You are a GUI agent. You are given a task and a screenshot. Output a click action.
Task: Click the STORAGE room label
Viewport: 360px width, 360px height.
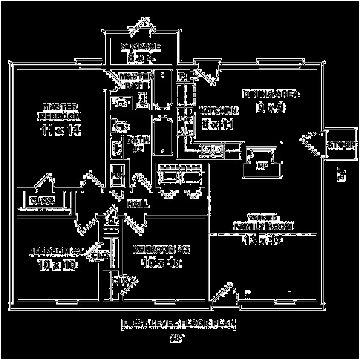[140, 47]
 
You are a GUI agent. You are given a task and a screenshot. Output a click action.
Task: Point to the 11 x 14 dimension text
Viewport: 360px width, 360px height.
[60, 129]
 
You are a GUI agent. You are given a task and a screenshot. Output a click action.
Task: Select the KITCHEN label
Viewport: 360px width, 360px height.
[218, 110]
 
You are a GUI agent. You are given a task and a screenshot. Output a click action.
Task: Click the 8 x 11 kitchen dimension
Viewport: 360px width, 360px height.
[217, 125]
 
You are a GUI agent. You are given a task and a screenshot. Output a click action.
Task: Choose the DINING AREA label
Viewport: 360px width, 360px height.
[270, 94]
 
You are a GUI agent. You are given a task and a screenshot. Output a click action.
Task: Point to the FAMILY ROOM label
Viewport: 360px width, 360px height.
[263, 226]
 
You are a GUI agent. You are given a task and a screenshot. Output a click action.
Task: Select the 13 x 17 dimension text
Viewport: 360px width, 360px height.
[262, 241]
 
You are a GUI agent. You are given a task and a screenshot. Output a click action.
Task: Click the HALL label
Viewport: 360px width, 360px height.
[138, 205]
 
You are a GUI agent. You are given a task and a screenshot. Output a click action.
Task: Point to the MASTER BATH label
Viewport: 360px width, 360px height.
[137, 82]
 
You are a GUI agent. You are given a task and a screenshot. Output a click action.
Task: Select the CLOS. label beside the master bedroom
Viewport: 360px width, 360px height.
[43, 200]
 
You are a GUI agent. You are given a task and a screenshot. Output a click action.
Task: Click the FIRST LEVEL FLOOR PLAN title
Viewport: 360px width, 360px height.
[179, 325]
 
